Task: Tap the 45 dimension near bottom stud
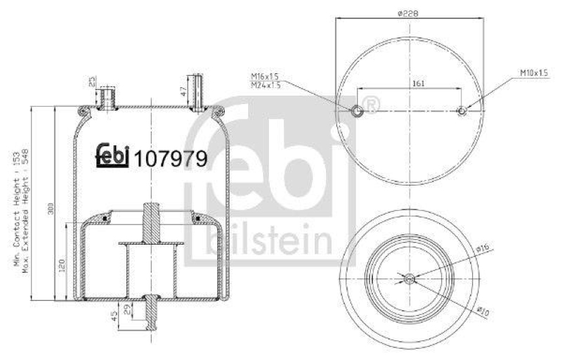(115, 316)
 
